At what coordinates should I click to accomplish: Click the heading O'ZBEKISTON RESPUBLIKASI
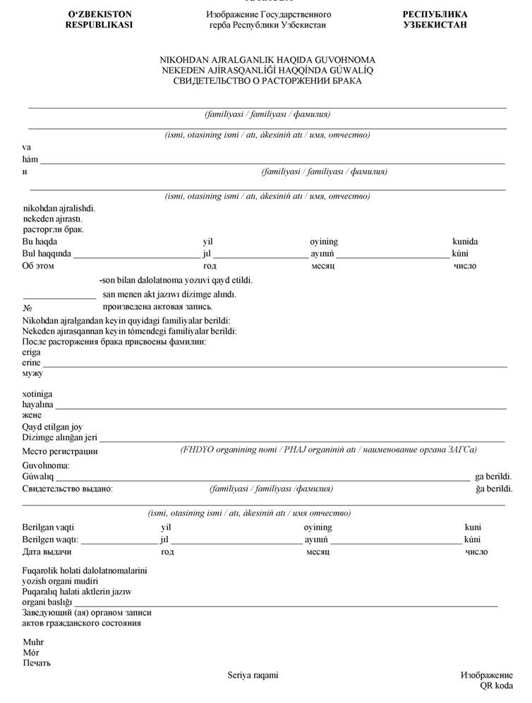coord(99,19)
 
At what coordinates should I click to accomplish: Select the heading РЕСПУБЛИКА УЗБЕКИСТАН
coord(435,19)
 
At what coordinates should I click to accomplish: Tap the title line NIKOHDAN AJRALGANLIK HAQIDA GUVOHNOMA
coord(267,60)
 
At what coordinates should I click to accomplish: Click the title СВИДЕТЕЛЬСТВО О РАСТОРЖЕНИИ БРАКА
coord(267,81)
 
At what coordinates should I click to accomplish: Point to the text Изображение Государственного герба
coord(268,19)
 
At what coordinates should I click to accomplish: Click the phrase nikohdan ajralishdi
coord(59,209)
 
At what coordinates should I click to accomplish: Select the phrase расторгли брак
coord(54,230)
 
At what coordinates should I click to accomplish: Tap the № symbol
coord(28,307)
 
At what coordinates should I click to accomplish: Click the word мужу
coord(32,373)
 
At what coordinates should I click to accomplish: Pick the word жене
coord(32,415)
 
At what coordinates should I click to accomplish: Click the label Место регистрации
coord(60,451)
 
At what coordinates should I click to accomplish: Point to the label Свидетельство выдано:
coord(68,489)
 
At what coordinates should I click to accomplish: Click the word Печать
coord(37,663)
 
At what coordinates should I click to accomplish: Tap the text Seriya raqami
coord(253,675)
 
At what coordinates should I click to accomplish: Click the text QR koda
coord(496,685)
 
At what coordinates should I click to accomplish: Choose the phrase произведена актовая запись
coord(157,307)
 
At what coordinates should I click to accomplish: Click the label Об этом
coord(38,266)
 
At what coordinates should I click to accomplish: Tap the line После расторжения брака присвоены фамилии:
coord(114,341)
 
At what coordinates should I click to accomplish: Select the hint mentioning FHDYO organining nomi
coord(329,449)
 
